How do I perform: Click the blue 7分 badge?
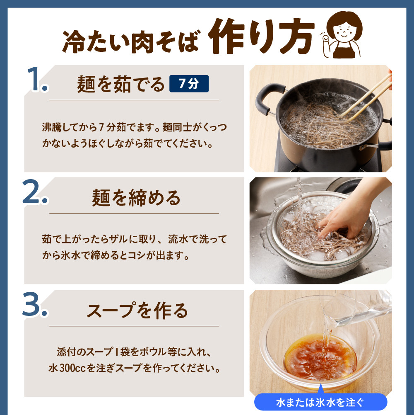pos(189,84)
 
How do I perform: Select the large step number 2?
pos(35,192)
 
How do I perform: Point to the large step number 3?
pos(35,304)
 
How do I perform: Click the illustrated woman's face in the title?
pos(344,31)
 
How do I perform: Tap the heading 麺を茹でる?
pos(120,85)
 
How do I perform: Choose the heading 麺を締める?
pos(136,198)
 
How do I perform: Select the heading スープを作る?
pos(137,311)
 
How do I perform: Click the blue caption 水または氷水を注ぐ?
pos(320,403)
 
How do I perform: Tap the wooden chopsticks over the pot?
pos(366,98)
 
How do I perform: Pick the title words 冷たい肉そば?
pos(131,41)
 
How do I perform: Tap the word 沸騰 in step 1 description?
pos(51,127)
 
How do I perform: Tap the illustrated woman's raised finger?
pos(325,39)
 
